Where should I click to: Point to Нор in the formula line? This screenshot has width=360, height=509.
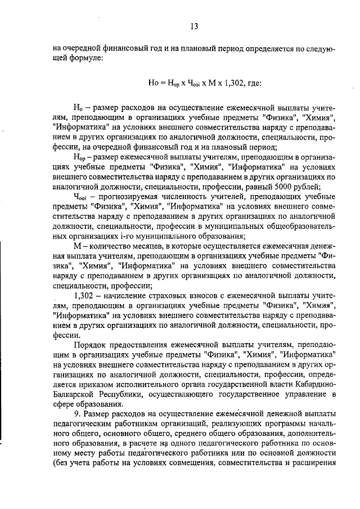pyautogui.click(x=173, y=83)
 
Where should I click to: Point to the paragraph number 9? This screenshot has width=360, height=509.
pyautogui.click(x=76, y=414)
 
